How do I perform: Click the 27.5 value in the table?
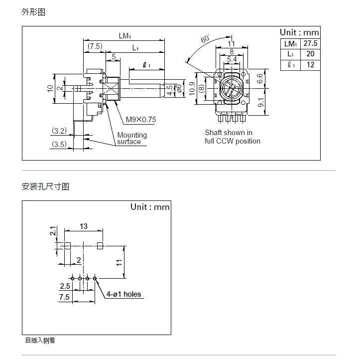(310, 44)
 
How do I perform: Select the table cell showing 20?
(310, 54)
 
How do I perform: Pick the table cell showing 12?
(310, 65)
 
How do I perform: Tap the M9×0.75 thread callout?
(140, 120)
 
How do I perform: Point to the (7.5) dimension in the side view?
(95, 46)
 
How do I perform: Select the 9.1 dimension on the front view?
(260, 102)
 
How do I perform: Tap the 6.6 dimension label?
(260, 78)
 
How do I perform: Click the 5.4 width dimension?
(232, 60)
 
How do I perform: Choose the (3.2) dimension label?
(59, 131)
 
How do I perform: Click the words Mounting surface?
(131, 138)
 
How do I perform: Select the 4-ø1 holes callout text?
(123, 294)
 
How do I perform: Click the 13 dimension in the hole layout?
(83, 226)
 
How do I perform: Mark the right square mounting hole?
(100, 245)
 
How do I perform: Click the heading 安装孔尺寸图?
(45, 187)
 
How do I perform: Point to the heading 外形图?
(33, 12)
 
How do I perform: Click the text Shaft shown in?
(229, 133)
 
